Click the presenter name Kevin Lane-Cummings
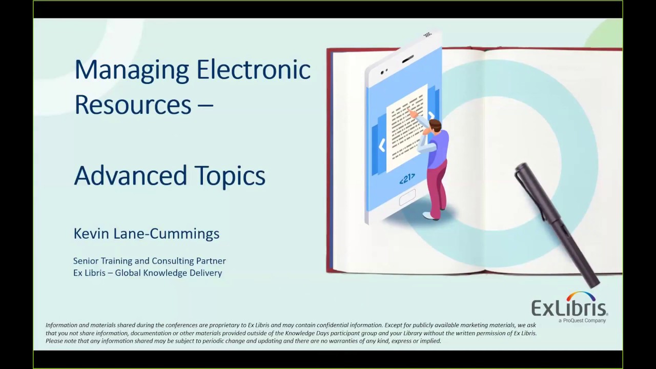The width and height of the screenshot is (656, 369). [x=146, y=234]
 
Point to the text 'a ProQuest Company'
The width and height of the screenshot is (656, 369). [x=582, y=320]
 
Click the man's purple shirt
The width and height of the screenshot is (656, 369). [x=438, y=149]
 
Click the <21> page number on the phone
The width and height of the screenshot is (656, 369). [x=407, y=179]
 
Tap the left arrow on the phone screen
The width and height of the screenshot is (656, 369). [x=382, y=146]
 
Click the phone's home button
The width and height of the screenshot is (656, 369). [x=407, y=198]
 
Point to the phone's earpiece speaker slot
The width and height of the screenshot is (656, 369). [x=407, y=59]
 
